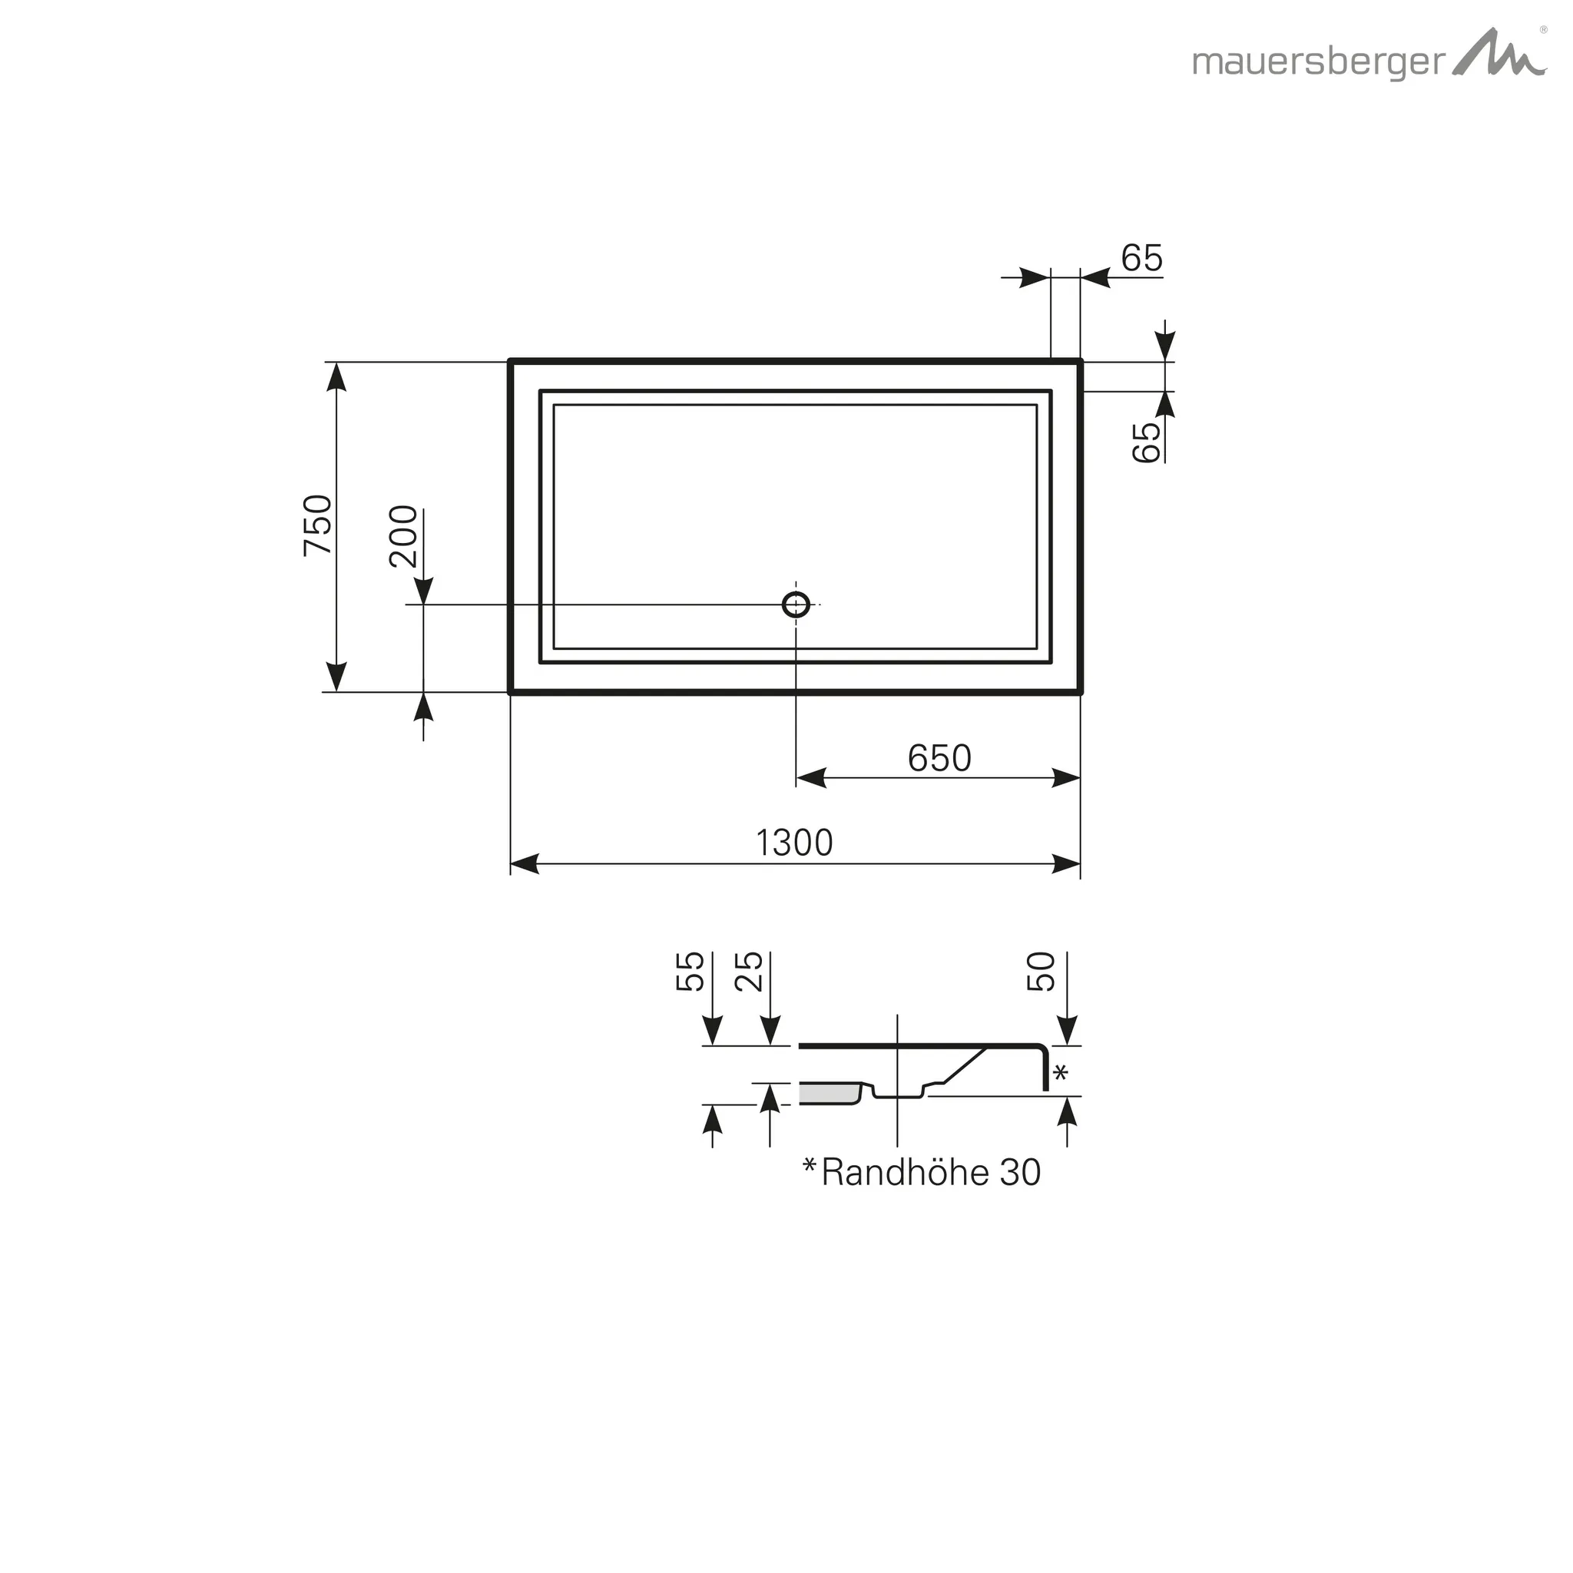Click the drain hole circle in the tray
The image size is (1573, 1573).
click(x=796, y=604)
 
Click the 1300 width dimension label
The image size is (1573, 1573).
click(x=795, y=843)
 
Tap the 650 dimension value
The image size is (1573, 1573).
click(x=939, y=758)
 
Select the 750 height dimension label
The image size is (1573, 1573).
click(x=317, y=525)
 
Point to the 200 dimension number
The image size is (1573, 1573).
click(x=404, y=536)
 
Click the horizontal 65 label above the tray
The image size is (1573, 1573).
click(x=1141, y=258)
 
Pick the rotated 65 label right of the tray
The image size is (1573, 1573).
click(x=1147, y=442)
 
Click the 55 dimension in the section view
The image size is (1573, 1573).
click(x=690, y=972)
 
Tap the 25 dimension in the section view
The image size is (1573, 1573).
click(x=749, y=972)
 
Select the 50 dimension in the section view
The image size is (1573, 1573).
click(x=1041, y=972)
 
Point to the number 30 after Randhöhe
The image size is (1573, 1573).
click(x=1020, y=1172)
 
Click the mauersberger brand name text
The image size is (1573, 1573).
click(x=1318, y=62)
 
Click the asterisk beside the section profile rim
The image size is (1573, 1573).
click(x=1060, y=1073)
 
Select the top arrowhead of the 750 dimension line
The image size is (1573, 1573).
click(x=336, y=376)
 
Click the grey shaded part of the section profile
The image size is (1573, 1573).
click(x=828, y=1094)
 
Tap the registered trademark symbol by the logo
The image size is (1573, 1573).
click(x=1543, y=29)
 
